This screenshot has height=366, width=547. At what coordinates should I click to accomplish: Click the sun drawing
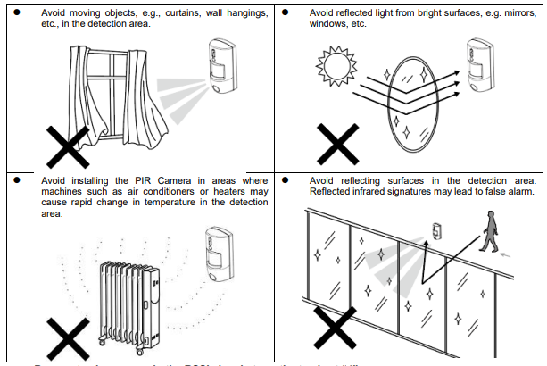(x=336, y=67)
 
